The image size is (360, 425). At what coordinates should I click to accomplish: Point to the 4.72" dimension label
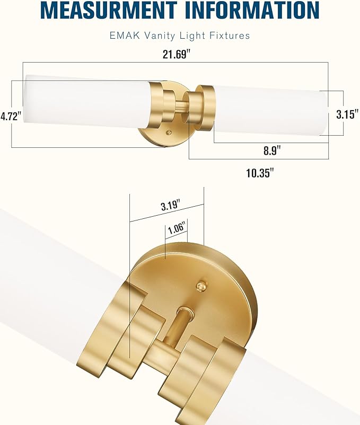[10, 116]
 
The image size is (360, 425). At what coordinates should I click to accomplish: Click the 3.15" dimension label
[348, 113]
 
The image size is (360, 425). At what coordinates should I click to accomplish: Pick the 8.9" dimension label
[271, 150]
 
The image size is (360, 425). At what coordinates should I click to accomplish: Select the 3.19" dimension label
[170, 206]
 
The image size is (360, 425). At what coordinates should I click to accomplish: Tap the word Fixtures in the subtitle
[231, 36]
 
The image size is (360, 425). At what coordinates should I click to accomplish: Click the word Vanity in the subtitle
[157, 36]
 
